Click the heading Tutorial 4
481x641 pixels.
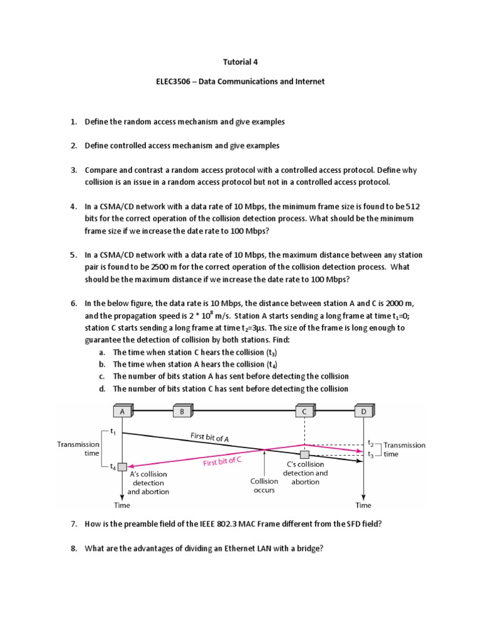point(240,62)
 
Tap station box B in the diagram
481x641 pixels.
point(181,411)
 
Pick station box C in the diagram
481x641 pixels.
point(304,411)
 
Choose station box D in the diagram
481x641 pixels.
point(364,411)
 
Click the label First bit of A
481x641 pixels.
point(209,437)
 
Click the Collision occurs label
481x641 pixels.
point(264,486)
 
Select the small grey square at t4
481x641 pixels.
point(122,467)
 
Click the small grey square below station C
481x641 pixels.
point(304,454)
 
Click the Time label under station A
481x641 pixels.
point(122,505)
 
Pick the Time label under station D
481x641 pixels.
point(363,505)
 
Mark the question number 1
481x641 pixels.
point(73,121)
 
